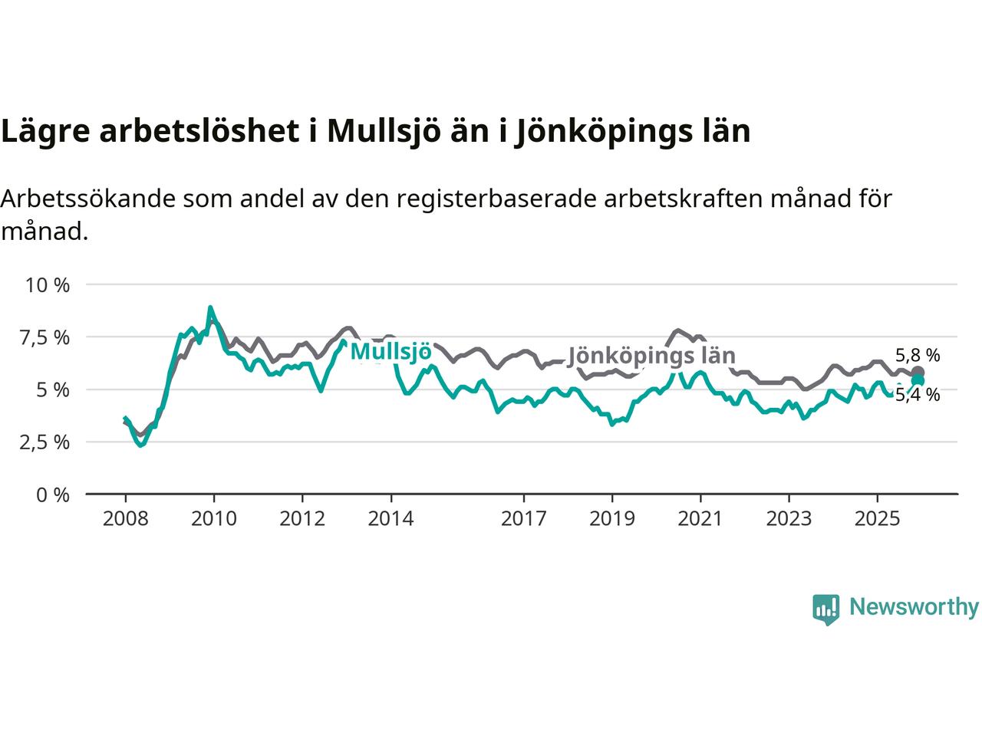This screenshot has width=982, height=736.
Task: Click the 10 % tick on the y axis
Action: coord(48,285)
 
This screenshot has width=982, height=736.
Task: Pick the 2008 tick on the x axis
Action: coord(125,519)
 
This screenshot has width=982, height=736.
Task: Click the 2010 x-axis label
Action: coord(214,519)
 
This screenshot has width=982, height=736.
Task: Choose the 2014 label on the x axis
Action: coord(390,519)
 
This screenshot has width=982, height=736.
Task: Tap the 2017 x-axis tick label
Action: coord(524,519)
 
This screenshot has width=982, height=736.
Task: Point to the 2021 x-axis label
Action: coord(700,519)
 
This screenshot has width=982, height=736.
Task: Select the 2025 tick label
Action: coord(878,519)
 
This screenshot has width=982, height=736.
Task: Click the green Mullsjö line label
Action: coord(390,352)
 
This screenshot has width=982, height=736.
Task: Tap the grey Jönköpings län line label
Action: coord(651,356)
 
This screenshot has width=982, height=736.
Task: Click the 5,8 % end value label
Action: coord(918,355)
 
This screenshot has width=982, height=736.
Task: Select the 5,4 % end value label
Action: coord(918,396)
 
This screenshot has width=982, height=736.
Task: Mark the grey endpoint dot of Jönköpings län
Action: coord(918,373)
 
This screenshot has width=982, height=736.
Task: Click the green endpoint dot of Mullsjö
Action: coord(918,381)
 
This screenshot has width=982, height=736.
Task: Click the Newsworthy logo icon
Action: coord(825,609)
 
